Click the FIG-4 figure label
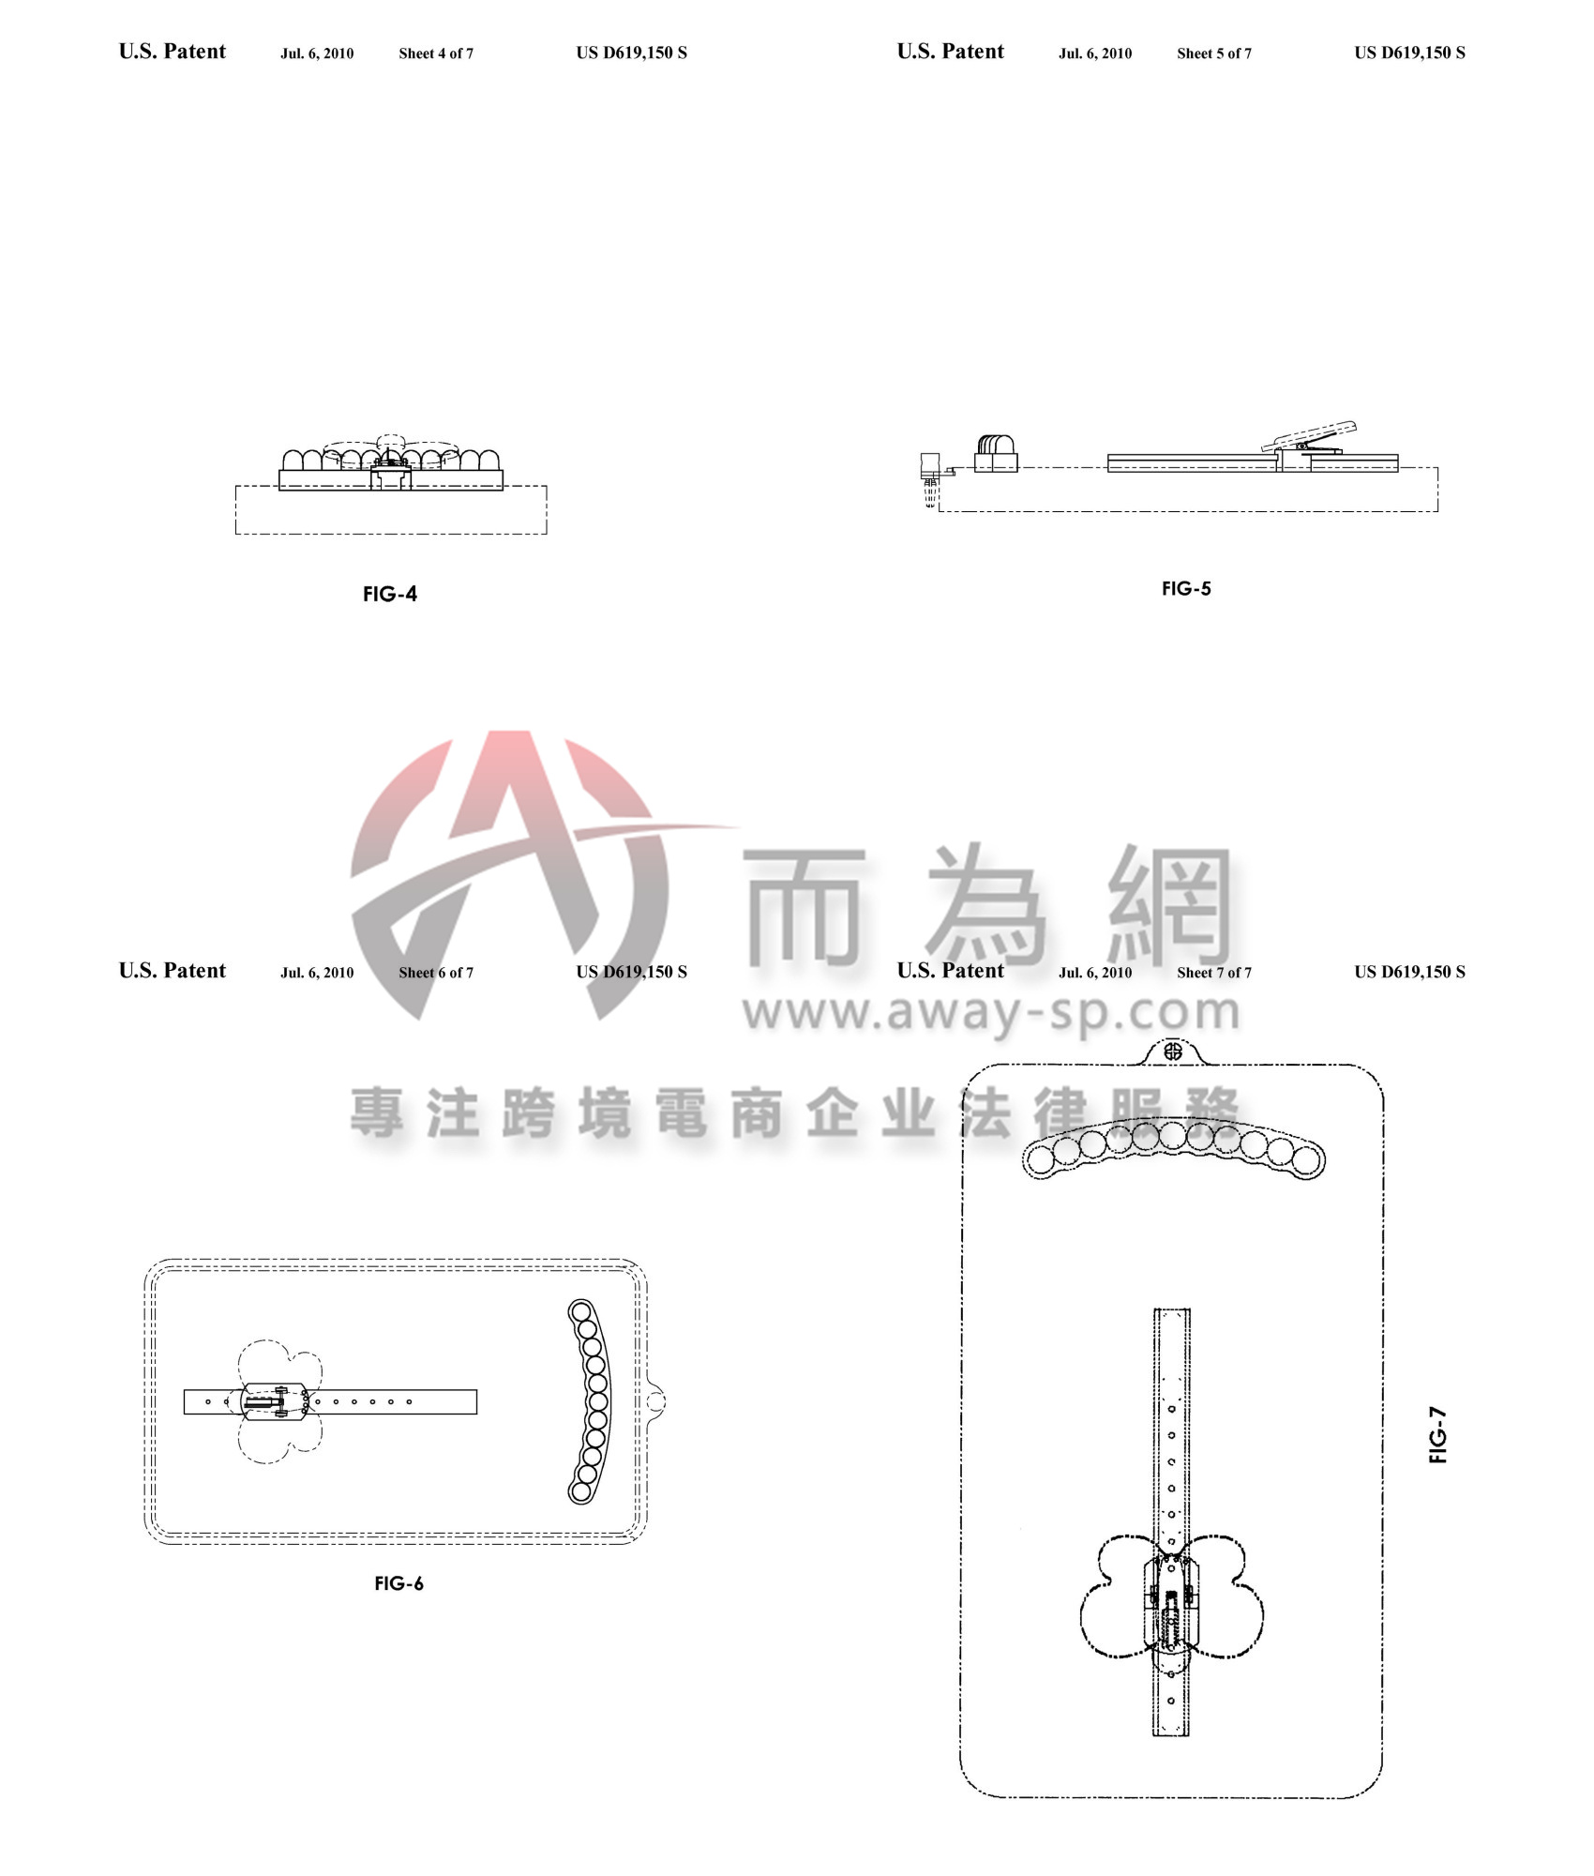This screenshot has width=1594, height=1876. [390, 594]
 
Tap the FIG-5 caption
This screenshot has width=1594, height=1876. [1186, 588]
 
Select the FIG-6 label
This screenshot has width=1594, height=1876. [398, 1583]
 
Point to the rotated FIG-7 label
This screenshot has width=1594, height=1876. [1437, 1434]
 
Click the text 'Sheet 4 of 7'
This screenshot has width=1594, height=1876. [436, 53]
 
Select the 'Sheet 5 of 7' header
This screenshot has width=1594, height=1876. [1214, 53]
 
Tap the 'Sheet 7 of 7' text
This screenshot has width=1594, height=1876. [1214, 973]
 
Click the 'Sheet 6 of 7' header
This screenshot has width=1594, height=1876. [436, 973]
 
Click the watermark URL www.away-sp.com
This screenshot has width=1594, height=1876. [991, 1011]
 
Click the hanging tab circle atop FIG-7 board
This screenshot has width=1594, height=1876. [1172, 1051]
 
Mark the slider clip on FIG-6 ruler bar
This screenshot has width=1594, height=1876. [273, 1402]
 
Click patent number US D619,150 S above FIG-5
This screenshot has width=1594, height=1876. [1409, 53]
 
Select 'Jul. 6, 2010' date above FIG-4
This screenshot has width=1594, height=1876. [317, 53]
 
